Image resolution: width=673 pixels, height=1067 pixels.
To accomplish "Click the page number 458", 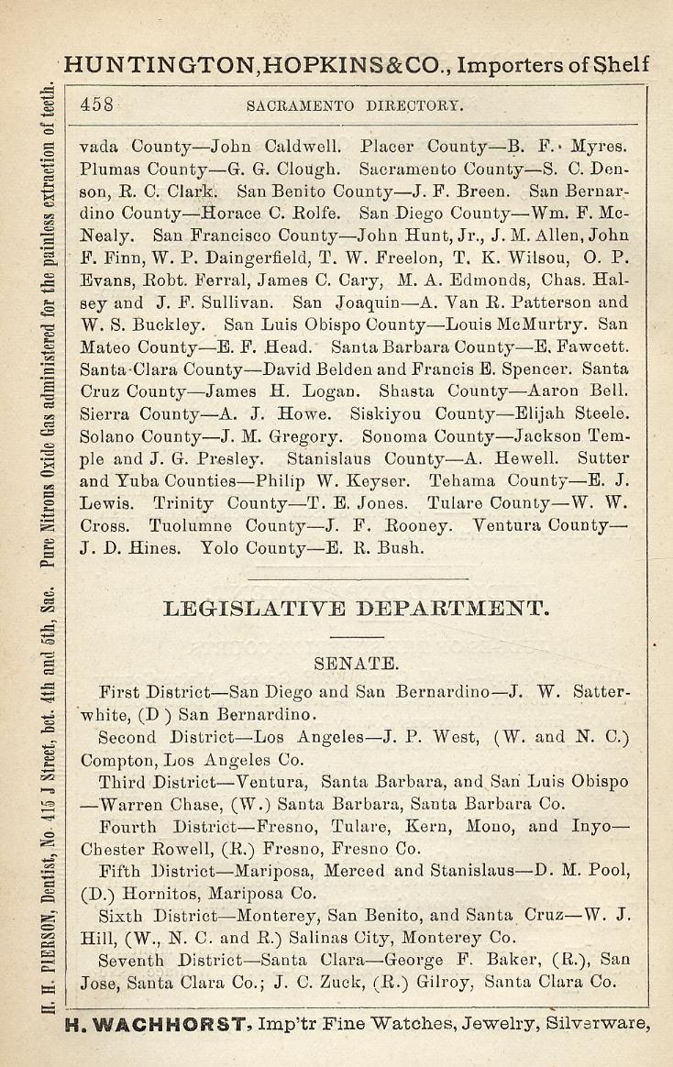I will click(96, 104).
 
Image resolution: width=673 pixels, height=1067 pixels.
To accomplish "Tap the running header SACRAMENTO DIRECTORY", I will click(356, 105).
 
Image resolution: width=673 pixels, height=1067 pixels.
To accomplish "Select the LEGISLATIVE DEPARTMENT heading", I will click(356, 608).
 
